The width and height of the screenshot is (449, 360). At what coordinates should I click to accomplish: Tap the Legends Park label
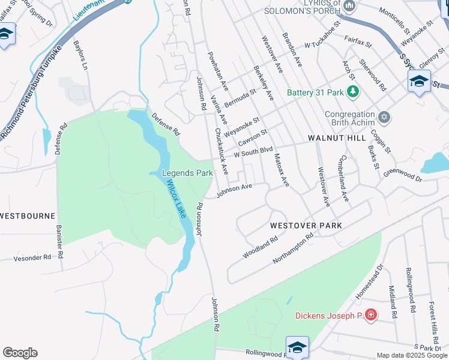(188, 173)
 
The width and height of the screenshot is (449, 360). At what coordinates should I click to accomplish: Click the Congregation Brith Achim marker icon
(384, 116)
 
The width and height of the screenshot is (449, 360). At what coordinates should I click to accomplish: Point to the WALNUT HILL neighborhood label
(337, 138)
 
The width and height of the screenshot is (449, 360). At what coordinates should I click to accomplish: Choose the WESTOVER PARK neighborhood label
(306, 226)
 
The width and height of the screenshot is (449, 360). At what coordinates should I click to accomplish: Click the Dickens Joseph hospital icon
(371, 314)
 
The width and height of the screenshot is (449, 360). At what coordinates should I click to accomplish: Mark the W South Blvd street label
(253, 151)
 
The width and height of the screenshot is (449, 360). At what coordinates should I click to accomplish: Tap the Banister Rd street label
(60, 242)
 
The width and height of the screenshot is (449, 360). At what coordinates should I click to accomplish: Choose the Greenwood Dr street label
(403, 174)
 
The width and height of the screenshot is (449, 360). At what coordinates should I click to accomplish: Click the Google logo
(20, 353)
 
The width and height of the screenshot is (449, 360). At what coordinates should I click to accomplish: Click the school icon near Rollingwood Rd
(297, 347)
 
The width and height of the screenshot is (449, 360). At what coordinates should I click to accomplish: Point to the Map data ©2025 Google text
(412, 356)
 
